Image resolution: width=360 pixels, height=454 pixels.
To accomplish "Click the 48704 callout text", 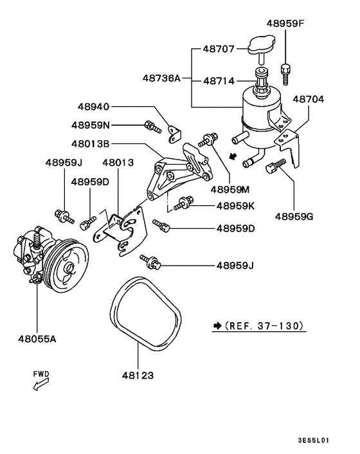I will click(309, 100).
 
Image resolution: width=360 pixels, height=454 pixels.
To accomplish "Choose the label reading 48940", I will click(94, 106).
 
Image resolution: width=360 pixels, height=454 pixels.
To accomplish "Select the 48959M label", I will click(232, 190).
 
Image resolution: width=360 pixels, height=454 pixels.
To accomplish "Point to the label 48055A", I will click(36, 337).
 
